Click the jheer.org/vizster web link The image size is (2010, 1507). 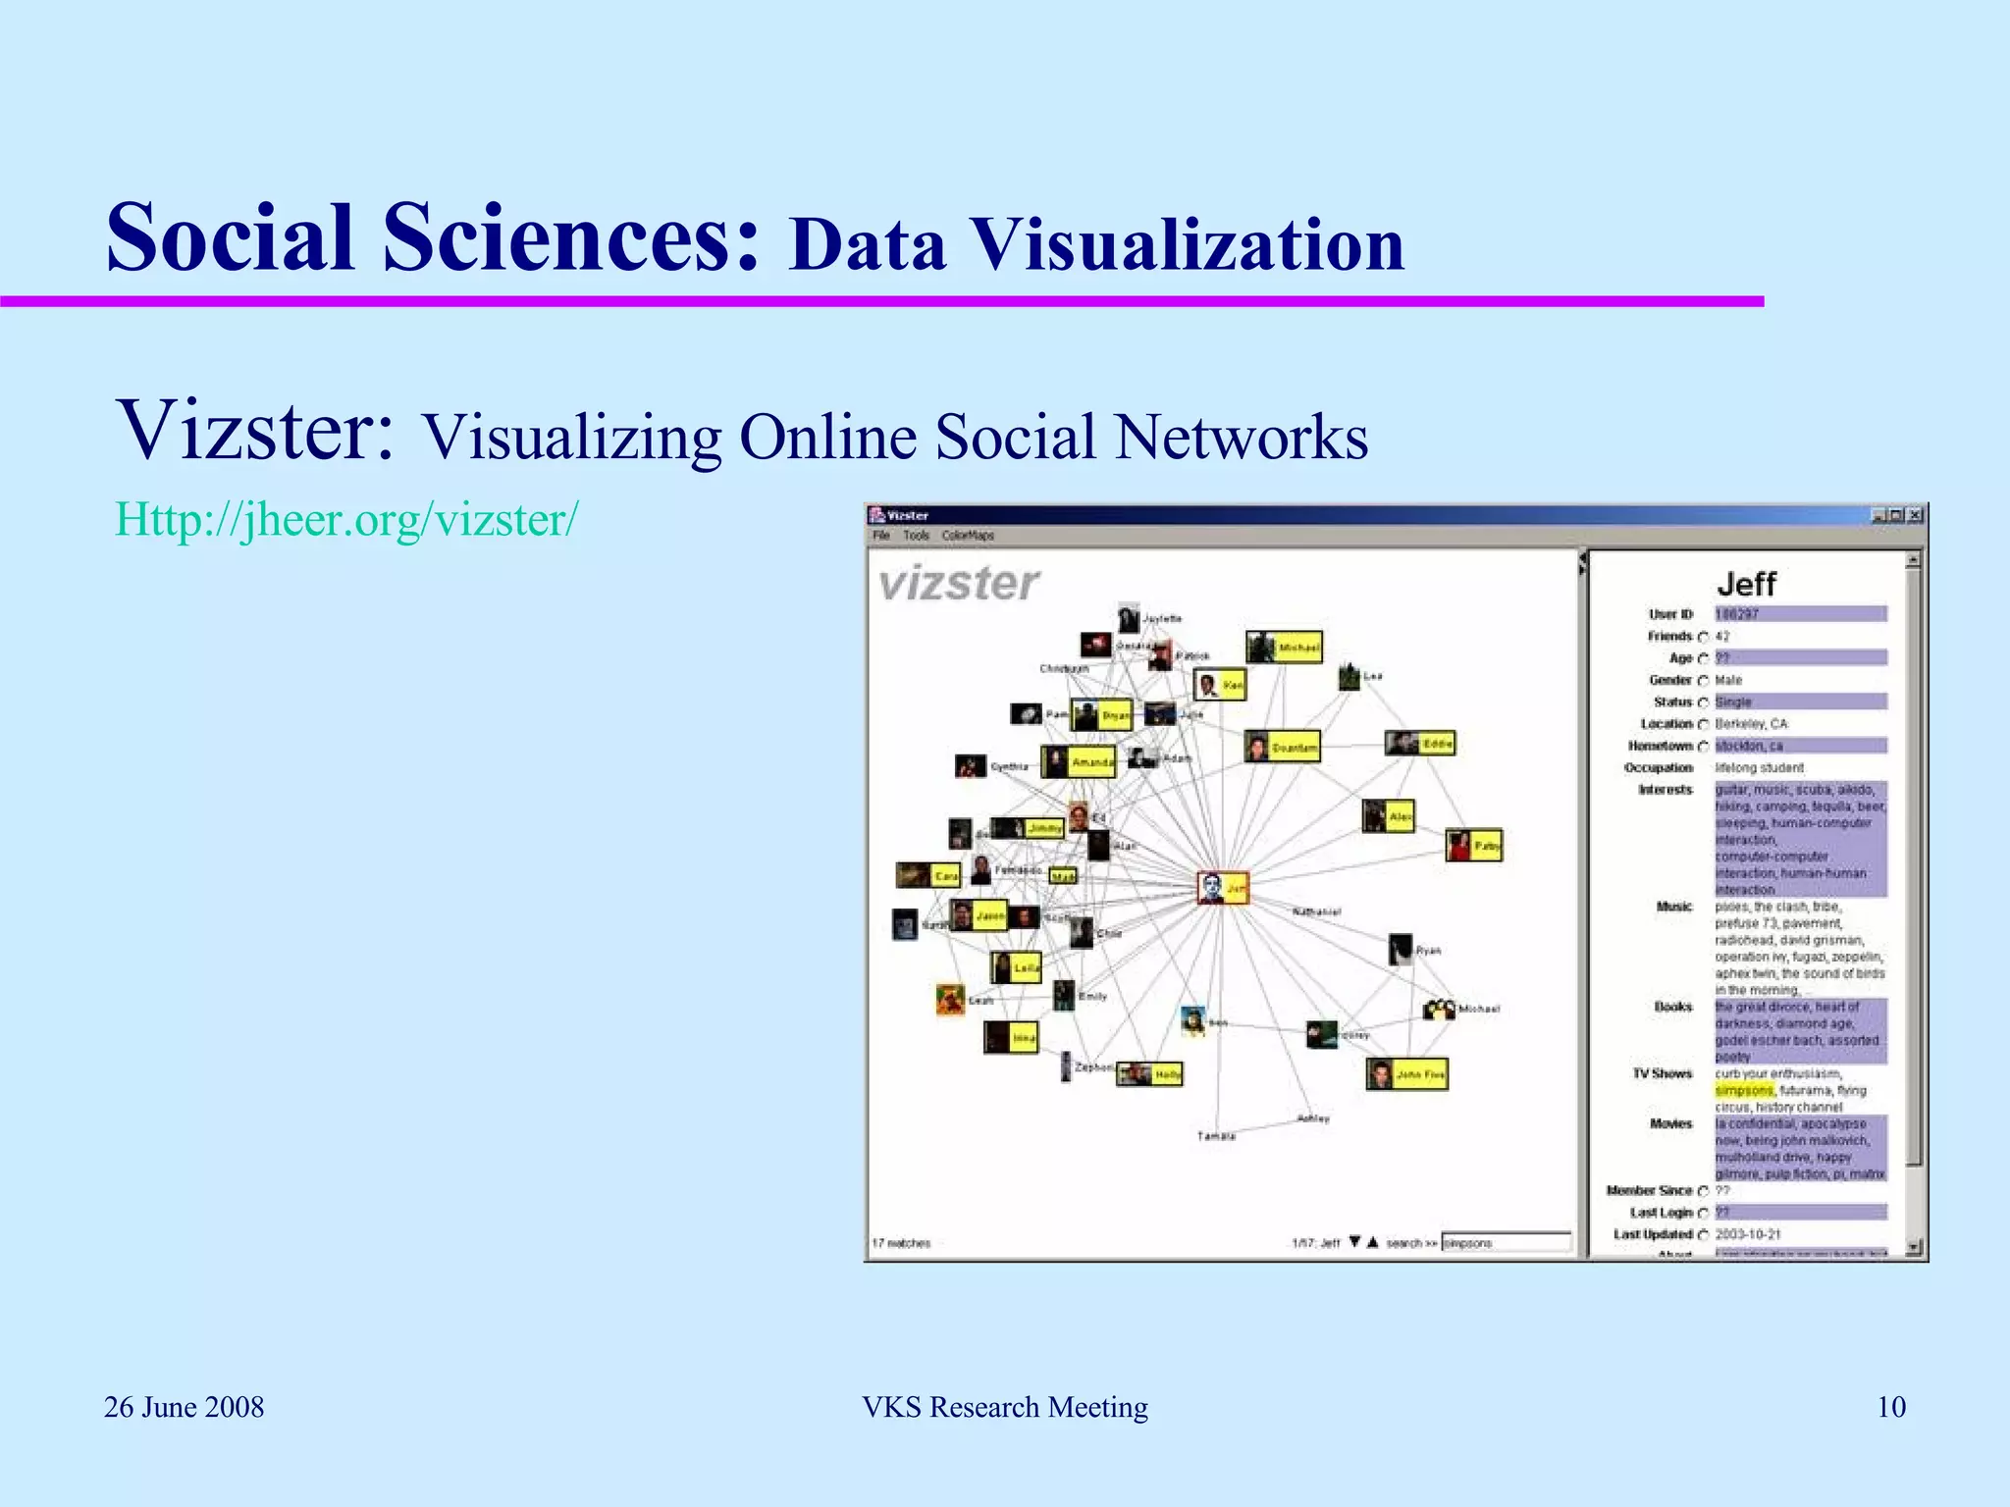pyautogui.click(x=346, y=519)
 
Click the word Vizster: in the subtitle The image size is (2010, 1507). pyautogui.click(x=254, y=432)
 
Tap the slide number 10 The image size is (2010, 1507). pyautogui.click(x=1890, y=1407)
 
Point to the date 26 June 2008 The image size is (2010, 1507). pyautogui.click(x=185, y=1407)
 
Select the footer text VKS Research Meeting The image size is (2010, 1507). pyautogui.click(x=1004, y=1407)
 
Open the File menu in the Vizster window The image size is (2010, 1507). pyautogui.click(x=881, y=536)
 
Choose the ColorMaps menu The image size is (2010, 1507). pyautogui.click(x=968, y=536)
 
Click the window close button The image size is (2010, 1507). pyautogui.click(x=1915, y=515)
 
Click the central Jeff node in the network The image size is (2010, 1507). pyautogui.click(x=1223, y=888)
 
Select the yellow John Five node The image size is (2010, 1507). pyautogui.click(x=1406, y=1074)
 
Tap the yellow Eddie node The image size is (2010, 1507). pyautogui.click(x=1420, y=744)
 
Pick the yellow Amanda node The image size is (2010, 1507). pyautogui.click(x=1079, y=762)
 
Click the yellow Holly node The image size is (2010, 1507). pyautogui.click(x=1150, y=1074)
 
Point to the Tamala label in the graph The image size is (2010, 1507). pyautogui.click(x=1216, y=1136)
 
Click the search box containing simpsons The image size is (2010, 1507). pyautogui.click(x=1505, y=1242)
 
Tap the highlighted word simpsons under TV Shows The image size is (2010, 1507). pyautogui.click(x=1744, y=1090)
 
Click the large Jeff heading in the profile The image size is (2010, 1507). pyautogui.click(x=1747, y=584)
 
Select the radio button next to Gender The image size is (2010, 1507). pyautogui.click(x=1703, y=680)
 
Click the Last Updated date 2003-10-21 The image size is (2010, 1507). pyautogui.click(x=1748, y=1234)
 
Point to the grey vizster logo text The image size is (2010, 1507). pyautogui.click(x=959, y=584)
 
